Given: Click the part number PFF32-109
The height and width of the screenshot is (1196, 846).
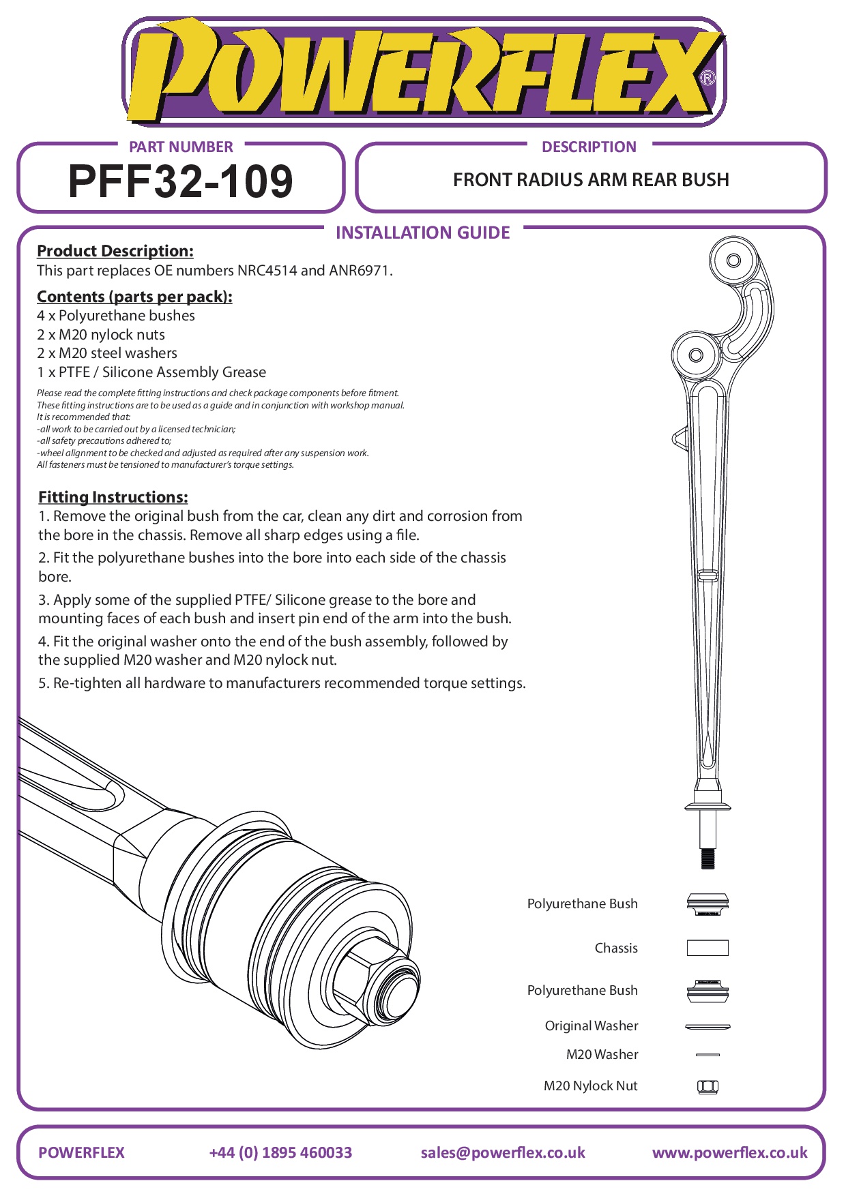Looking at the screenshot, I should click(181, 181).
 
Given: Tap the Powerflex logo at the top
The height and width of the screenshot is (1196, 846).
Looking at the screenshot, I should click(423, 72).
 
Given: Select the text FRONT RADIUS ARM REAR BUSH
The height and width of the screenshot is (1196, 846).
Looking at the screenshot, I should click(591, 180).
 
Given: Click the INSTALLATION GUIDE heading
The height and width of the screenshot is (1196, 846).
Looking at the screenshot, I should click(422, 233).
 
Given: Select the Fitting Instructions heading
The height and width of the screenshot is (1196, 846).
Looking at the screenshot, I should click(113, 497).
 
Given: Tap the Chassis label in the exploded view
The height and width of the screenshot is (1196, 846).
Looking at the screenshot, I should click(615, 948).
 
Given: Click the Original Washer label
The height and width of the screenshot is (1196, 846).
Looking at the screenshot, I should click(591, 1026).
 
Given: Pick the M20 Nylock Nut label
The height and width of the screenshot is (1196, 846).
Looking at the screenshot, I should click(590, 1086).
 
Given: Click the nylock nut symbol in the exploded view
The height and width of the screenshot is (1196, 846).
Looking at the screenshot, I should click(708, 1086).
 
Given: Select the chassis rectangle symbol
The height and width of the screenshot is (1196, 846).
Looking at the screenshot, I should click(708, 948).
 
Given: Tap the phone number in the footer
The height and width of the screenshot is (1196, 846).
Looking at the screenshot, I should click(280, 1152).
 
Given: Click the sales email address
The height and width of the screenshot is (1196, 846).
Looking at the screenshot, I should click(503, 1152).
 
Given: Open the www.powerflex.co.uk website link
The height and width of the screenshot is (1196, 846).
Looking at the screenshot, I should click(729, 1152).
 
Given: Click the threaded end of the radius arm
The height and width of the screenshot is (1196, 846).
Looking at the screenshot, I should click(708, 858).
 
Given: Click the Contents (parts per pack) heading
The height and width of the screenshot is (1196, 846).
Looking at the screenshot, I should click(134, 297).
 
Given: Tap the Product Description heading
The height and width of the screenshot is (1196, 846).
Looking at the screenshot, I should click(115, 251).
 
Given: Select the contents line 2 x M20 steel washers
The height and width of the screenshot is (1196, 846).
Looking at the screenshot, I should click(107, 353).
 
